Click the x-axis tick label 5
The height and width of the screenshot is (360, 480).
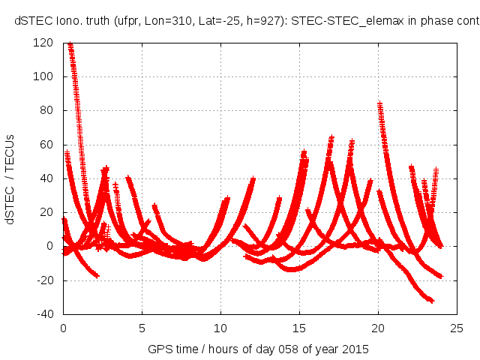(142, 328)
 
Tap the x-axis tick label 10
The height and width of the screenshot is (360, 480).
(220, 328)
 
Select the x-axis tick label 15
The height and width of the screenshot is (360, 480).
(299, 328)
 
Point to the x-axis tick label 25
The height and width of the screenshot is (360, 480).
(457, 328)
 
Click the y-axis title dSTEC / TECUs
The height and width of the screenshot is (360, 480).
(10, 178)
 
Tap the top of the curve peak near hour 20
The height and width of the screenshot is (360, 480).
(379, 104)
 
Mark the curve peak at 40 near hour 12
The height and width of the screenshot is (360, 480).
(253, 179)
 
